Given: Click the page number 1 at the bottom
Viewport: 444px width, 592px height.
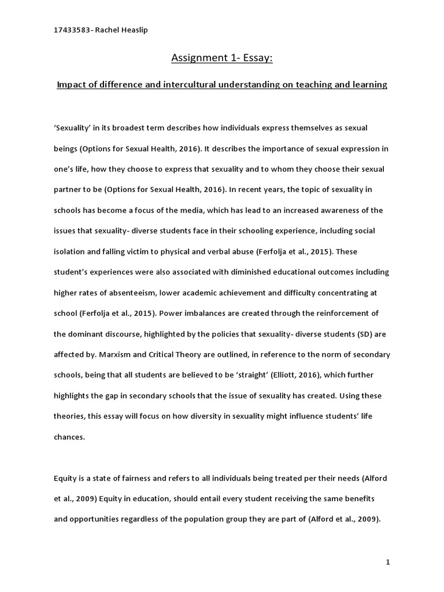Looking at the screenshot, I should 387,561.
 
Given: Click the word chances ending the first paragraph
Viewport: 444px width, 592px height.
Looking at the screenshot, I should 69,436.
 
